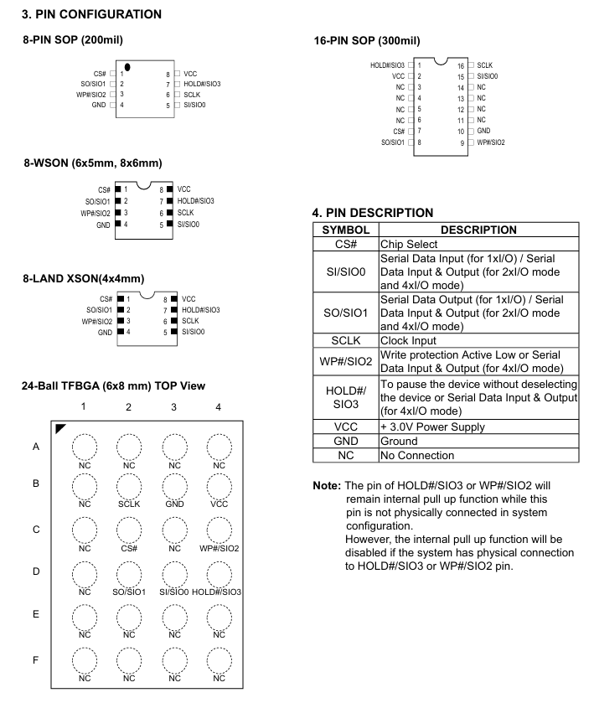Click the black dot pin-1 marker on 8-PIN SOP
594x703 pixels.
point(127,66)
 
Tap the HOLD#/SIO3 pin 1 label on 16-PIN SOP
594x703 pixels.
point(387,65)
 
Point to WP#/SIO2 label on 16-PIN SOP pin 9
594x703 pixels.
point(490,142)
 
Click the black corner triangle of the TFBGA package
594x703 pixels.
point(60,428)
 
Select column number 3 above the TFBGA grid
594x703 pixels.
point(173,406)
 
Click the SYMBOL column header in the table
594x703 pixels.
point(346,230)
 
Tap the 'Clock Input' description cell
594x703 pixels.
point(411,342)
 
